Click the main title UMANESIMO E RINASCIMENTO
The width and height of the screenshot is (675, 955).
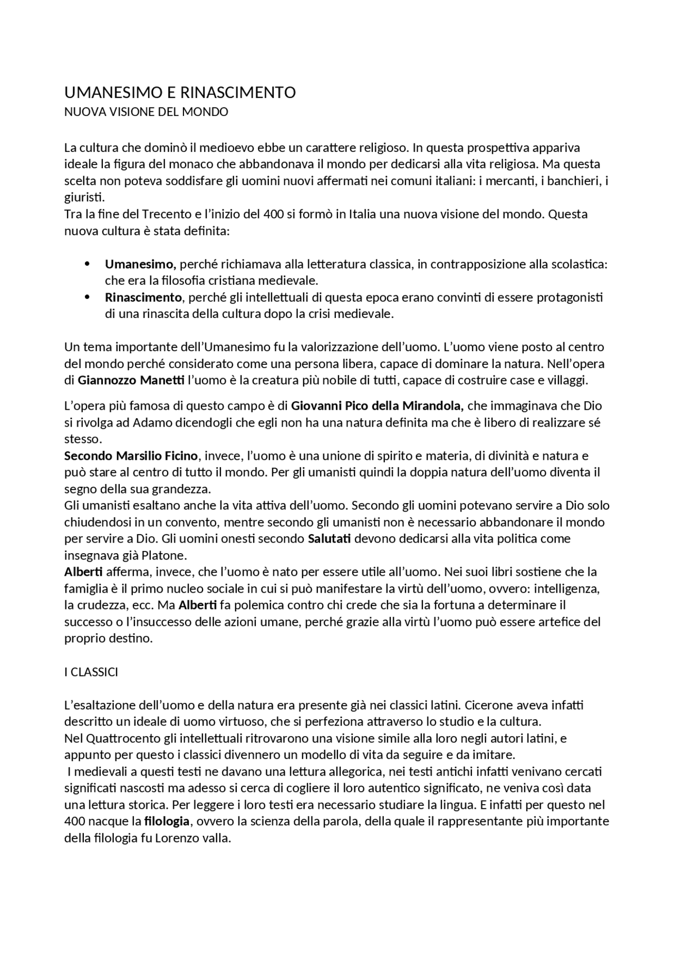180,93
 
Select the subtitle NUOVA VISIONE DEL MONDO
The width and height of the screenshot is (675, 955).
146,112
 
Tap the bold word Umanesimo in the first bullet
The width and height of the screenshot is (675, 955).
139,264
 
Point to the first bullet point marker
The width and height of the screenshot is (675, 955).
88,264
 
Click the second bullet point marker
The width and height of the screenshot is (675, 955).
88,297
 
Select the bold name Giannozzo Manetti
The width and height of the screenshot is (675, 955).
131,380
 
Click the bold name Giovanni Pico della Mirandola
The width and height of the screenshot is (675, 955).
377,406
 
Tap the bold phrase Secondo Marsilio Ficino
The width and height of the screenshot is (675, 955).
131,456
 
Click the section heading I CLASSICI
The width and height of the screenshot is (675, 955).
91,672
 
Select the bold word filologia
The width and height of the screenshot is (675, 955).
167,822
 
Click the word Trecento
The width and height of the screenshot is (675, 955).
167,215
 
